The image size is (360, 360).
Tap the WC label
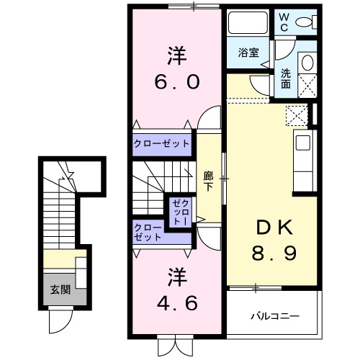coord(284,19)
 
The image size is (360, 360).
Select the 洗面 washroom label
coord(286,77)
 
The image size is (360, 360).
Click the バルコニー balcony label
coord(274,315)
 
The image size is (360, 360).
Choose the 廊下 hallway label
coord(208,179)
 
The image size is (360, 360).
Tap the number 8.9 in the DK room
coord(272,253)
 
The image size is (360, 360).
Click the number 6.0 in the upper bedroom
coord(175,81)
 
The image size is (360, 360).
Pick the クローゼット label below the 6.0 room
coord(161,143)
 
